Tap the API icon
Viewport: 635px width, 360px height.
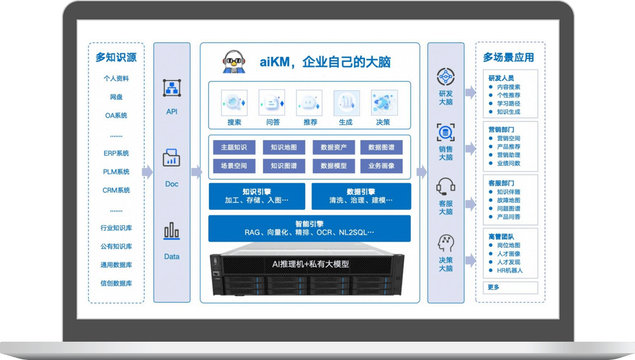(172, 88)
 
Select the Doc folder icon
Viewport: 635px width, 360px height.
(172, 158)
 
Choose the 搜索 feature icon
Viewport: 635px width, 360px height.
(234, 103)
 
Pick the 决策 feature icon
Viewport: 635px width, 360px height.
(383, 103)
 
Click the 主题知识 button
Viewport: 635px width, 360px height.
(234, 147)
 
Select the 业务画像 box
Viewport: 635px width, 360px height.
(382, 166)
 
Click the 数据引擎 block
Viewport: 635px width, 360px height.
(361, 196)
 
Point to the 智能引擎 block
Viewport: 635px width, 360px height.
(309, 228)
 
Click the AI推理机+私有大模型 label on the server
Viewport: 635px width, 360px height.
(310, 264)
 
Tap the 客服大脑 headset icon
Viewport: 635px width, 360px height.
(446, 186)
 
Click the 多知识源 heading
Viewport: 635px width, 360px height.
(116, 57)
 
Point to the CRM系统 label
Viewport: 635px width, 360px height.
(116, 190)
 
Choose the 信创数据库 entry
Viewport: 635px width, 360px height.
(116, 283)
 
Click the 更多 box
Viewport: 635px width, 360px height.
(493, 287)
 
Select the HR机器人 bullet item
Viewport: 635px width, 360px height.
(509, 270)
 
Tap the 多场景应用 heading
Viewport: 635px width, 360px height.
(509, 57)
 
